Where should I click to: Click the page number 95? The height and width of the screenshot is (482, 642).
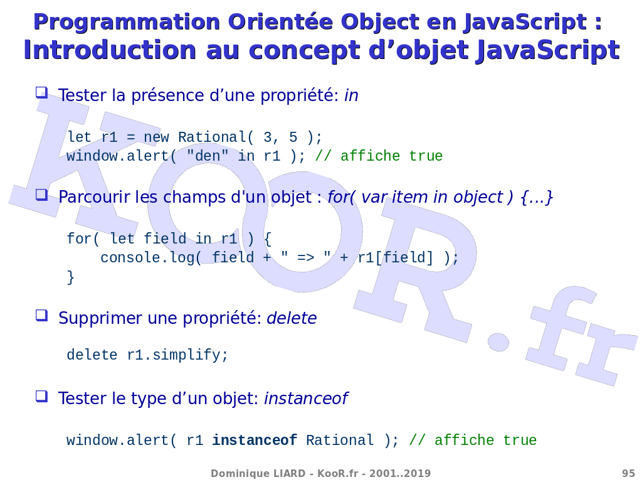click(x=628, y=473)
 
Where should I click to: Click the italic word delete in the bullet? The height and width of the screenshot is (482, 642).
click(x=292, y=318)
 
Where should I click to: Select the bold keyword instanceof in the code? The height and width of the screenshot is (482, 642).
click(x=255, y=440)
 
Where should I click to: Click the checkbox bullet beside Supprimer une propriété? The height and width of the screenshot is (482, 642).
click(x=42, y=315)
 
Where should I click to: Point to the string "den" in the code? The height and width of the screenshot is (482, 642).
click(x=208, y=156)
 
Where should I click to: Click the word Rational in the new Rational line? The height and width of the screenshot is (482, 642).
click(x=212, y=137)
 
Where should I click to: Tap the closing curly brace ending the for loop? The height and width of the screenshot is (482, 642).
click(x=70, y=277)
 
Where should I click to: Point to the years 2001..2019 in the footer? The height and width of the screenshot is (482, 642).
click(x=400, y=473)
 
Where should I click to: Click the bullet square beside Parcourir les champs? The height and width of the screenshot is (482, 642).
click(x=42, y=195)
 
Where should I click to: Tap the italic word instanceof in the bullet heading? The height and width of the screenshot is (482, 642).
click(x=306, y=399)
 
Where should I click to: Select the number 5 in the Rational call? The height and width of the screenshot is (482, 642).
click(x=293, y=137)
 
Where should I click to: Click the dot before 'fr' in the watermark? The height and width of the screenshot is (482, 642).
click(x=498, y=341)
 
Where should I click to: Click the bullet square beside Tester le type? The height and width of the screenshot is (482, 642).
click(x=42, y=396)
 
